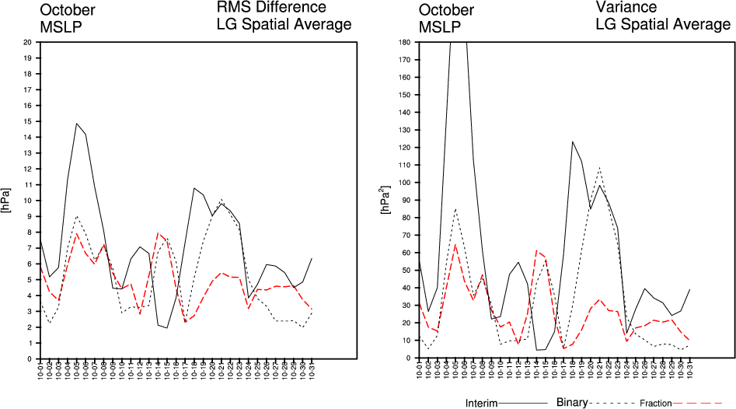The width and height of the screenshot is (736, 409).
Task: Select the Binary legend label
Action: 573,403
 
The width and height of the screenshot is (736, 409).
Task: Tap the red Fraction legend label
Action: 655,404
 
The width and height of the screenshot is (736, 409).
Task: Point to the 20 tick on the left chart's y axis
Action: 27,41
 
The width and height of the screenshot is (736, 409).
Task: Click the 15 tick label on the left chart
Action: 27,121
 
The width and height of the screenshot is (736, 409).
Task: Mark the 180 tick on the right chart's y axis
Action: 404,41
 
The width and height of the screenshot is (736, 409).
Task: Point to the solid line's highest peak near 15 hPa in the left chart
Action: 77,124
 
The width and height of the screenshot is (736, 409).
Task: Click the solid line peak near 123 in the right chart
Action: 572,142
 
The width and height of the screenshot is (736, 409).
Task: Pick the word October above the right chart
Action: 446,10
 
